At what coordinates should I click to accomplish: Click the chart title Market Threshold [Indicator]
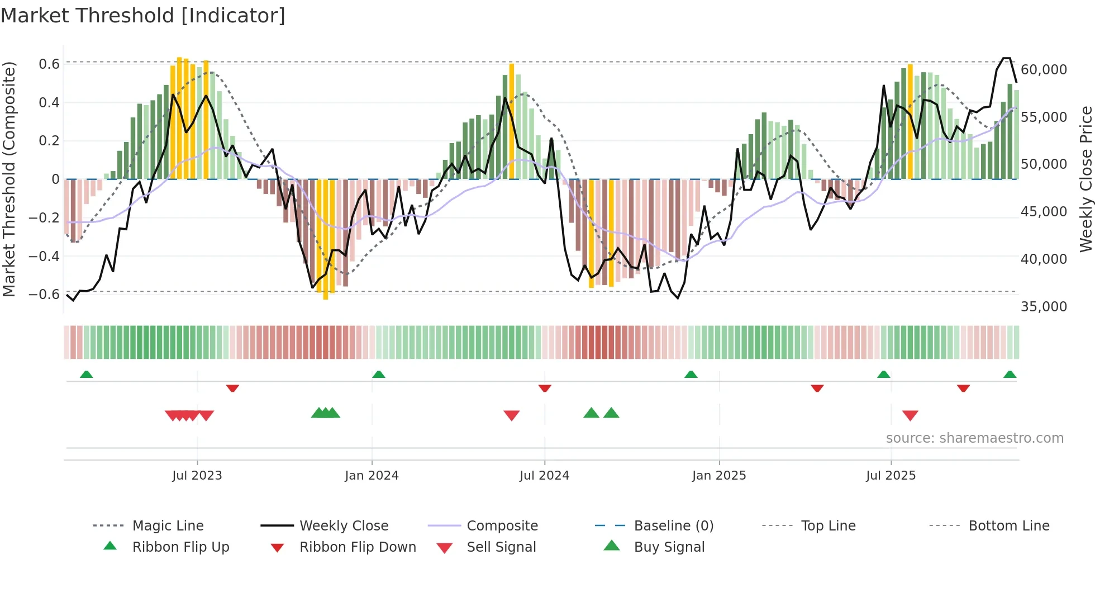143,16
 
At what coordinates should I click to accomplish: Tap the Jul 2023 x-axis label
197,476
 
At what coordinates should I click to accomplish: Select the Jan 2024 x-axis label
372,476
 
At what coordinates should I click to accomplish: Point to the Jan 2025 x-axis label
719,476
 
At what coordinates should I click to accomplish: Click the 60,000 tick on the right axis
1044,70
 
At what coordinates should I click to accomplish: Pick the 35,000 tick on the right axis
1044,307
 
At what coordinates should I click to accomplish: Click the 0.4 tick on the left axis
49,103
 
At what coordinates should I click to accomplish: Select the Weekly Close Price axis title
1086,179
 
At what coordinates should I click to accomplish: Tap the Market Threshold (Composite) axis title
9,179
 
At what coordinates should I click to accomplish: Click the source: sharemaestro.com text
974,438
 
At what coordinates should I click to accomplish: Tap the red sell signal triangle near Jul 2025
910,415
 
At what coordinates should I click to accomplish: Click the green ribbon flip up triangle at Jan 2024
379,375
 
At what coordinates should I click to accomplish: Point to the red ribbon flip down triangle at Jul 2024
545,388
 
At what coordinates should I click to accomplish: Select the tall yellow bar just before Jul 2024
511,121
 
